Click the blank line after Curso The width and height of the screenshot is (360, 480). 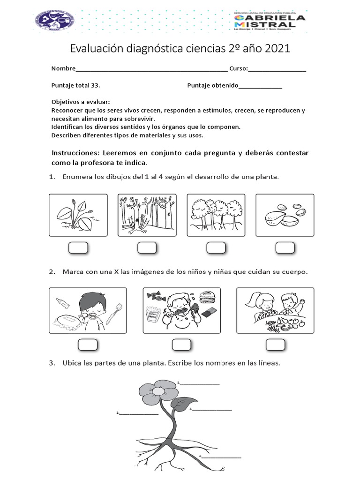[277, 69]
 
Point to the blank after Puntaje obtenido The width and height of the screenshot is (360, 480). [260, 86]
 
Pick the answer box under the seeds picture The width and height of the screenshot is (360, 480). [285, 248]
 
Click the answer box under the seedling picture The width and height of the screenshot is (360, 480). [78, 248]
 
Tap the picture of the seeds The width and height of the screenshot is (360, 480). [285, 215]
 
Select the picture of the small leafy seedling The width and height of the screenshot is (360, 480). [78, 215]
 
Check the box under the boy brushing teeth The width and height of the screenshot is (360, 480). [88, 345]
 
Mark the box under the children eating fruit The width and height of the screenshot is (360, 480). [275, 345]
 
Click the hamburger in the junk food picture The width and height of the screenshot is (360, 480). [206, 297]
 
